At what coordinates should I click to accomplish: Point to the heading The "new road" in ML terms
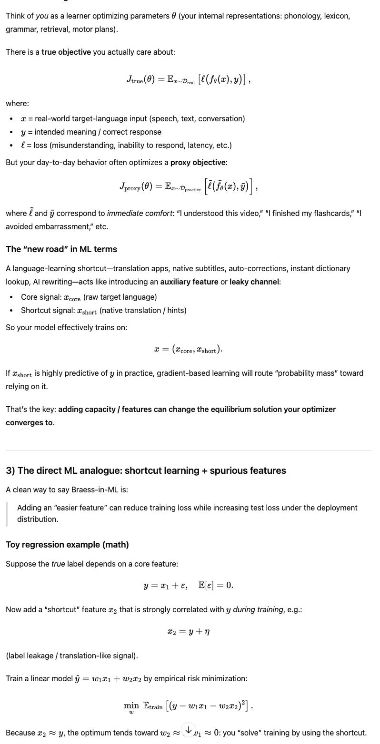(61, 249)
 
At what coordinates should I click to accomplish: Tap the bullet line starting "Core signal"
(89, 297)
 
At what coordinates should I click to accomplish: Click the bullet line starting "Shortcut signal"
(103, 311)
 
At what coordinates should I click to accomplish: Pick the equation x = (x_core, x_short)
(189, 350)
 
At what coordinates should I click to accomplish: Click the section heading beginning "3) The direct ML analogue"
(146, 470)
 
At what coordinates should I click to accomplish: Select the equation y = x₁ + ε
(189, 585)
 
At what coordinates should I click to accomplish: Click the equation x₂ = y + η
(189, 632)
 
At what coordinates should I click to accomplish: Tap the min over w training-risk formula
(189, 706)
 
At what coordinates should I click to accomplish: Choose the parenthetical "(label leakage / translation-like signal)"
(72, 656)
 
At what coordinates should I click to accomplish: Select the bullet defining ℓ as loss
(126, 145)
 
